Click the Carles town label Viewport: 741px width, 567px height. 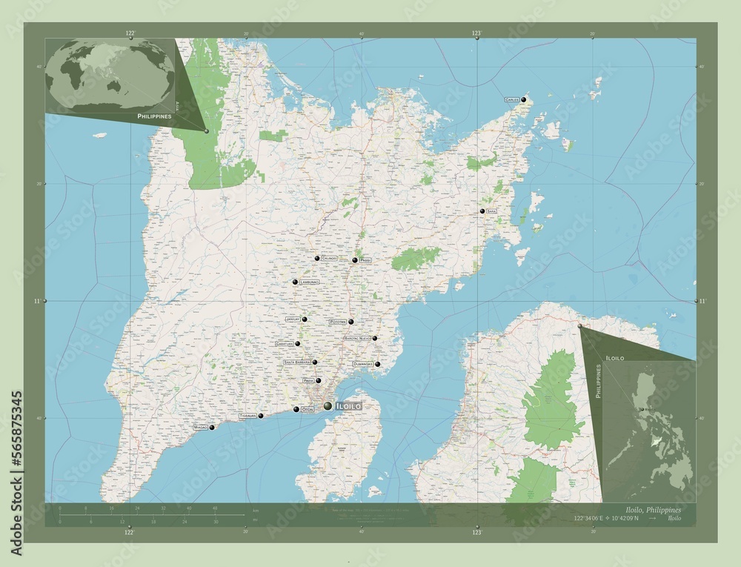[511, 99]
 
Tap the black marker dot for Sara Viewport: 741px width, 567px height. [482, 211]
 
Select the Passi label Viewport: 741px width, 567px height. [365, 261]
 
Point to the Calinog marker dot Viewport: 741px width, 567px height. [317, 258]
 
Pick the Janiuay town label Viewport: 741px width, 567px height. [292, 319]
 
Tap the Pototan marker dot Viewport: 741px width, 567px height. [351, 322]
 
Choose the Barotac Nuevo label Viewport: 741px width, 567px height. [357, 339]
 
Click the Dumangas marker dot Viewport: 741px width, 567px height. [377, 364]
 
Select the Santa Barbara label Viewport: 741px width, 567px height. [298, 362]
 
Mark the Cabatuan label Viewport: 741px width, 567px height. [285, 345]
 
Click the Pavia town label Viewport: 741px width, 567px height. [308, 380]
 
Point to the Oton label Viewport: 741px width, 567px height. [308, 409]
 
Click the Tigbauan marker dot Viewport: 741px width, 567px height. [261, 416]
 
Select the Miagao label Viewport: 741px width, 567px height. [200, 428]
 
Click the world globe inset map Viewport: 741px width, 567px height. [110, 76]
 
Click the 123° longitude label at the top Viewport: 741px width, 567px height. [477, 33]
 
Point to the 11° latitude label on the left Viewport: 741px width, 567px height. [36, 301]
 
